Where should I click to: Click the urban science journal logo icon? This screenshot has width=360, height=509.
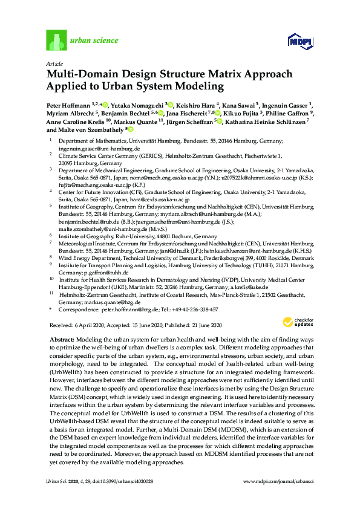pyautogui.click(x=56, y=41)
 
